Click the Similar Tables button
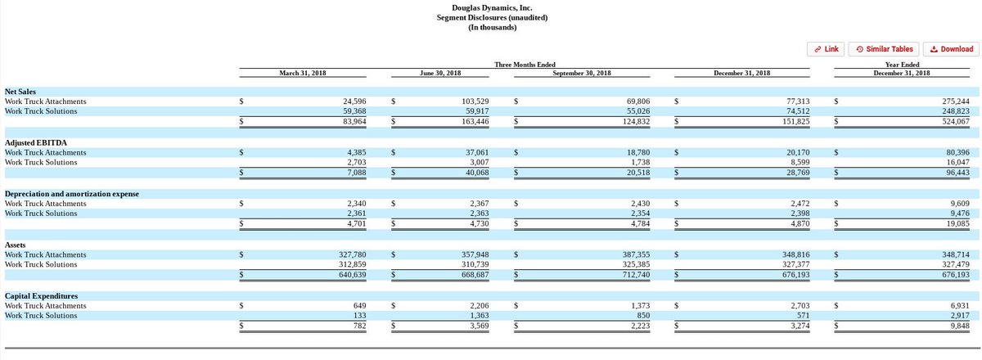pyautogui.click(x=884, y=49)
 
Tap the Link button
pyautogui.click(x=825, y=49)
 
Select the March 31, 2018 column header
pyautogui.click(x=303, y=73)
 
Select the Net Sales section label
pyautogui.click(x=20, y=92)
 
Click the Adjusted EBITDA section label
pyautogui.click(x=36, y=142)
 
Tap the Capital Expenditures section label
pyautogui.click(x=41, y=295)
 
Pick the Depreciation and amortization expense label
pyautogui.click(x=72, y=194)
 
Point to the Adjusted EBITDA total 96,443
pyautogui.click(x=958, y=173)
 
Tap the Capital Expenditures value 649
pyautogui.click(x=357, y=305)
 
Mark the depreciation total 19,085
pyautogui.click(x=958, y=223)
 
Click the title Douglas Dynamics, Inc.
pyautogui.click(x=492, y=8)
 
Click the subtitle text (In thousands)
pyautogui.click(x=492, y=27)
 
